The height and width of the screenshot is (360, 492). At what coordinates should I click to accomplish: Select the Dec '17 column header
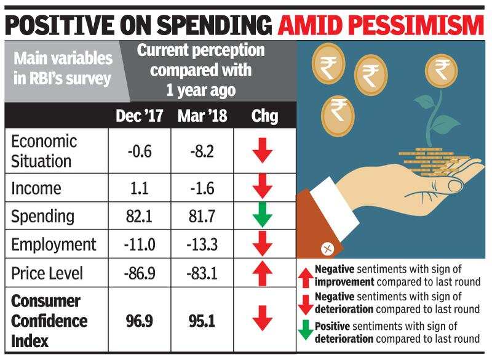point(139,116)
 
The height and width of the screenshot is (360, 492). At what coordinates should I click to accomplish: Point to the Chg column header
point(264,116)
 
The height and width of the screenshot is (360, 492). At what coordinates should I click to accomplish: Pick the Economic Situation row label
point(44,150)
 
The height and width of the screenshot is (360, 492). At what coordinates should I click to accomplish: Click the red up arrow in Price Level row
point(263,273)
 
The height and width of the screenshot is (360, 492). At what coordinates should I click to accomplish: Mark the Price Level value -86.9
point(139,273)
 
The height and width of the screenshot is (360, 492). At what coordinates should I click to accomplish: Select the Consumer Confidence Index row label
point(50,320)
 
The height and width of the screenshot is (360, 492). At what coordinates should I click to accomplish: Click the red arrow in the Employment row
point(263,244)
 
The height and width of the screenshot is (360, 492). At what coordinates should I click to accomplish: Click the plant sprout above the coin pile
point(437,117)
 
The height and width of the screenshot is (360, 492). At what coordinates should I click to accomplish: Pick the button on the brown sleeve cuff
point(327,249)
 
